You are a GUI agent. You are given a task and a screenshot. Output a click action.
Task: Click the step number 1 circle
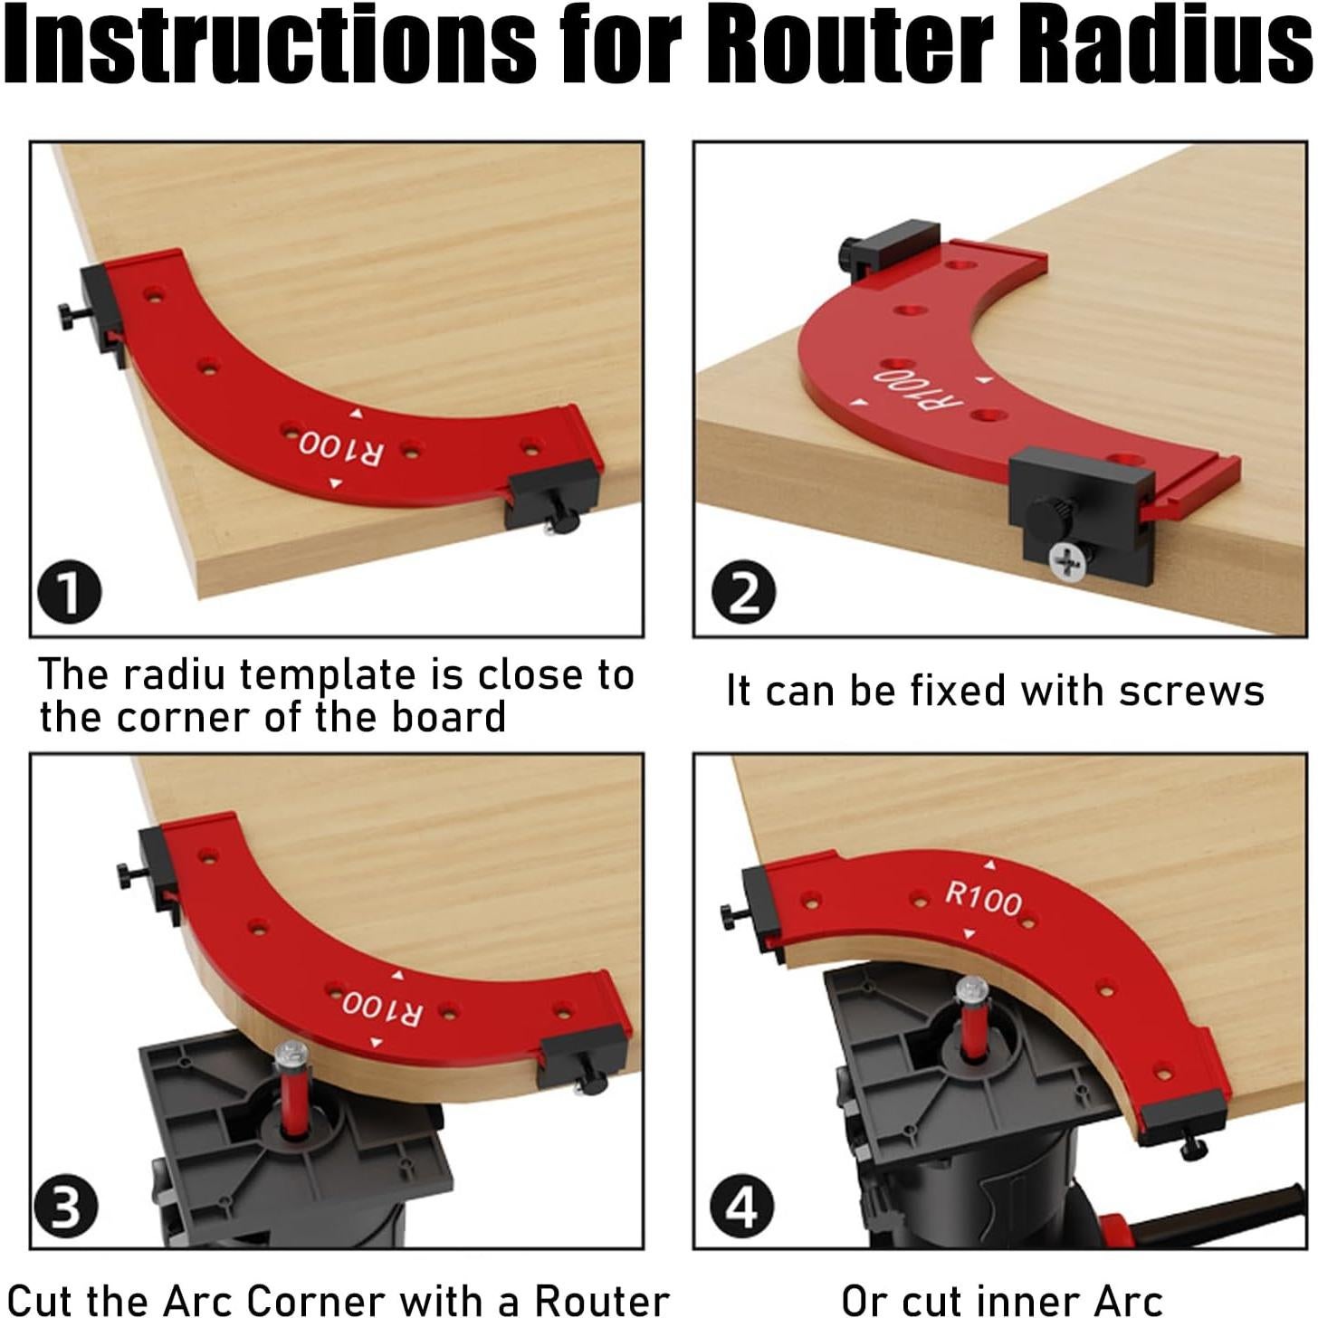[x=69, y=591]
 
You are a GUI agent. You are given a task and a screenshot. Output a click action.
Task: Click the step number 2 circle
[x=743, y=593]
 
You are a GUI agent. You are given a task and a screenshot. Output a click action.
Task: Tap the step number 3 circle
[x=65, y=1208]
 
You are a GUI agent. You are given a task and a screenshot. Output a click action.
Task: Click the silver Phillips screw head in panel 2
[x=1066, y=561]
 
